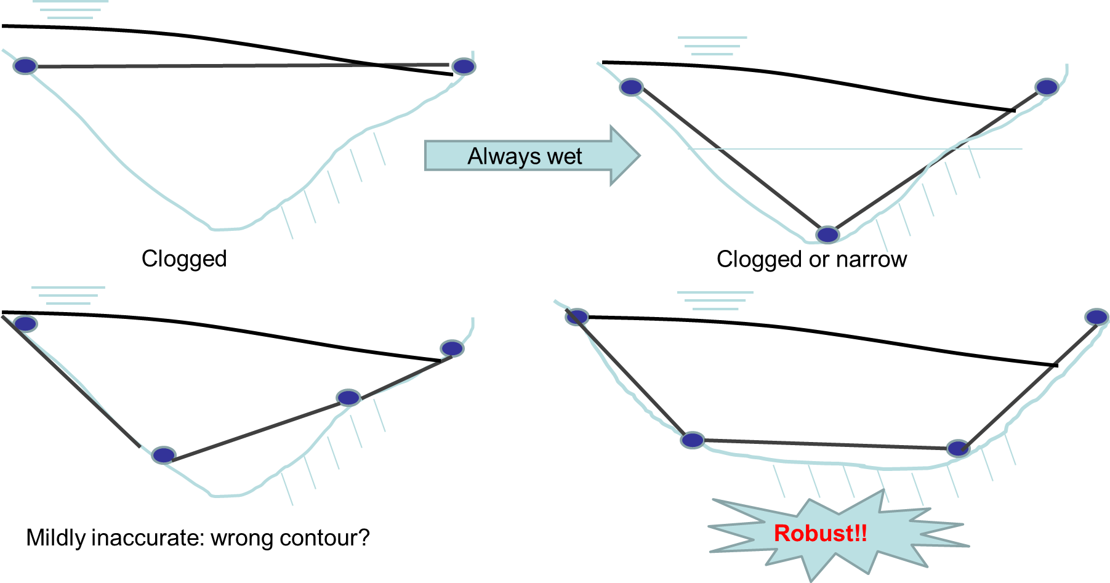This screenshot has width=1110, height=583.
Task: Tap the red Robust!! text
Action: pyautogui.click(x=820, y=533)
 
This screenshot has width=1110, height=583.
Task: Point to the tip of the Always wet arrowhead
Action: pyautogui.click(x=640, y=155)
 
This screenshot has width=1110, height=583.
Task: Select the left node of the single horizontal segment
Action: pyautogui.click(x=25, y=65)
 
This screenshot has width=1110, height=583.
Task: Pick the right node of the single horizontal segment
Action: pyautogui.click(x=464, y=66)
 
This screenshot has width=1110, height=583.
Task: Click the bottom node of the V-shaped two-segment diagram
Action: pyautogui.click(x=827, y=234)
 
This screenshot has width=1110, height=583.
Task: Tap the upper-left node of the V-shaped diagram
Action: pyautogui.click(x=632, y=87)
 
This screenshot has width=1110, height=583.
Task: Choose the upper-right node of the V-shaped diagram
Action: pyautogui.click(x=1047, y=87)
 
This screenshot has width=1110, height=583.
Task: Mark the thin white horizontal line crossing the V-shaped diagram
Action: pyautogui.click(x=856, y=149)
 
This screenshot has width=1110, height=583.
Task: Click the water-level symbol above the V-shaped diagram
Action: pyautogui.click(x=712, y=46)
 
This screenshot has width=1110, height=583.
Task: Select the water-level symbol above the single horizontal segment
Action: pyautogui.click(x=70, y=10)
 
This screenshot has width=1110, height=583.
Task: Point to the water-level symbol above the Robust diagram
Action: pyautogui.click(x=715, y=300)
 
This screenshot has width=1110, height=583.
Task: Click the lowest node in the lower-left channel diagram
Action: pyautogui.click(x=164, y=455)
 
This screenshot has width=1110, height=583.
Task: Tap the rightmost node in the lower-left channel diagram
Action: pyautogui.click(x=452, y=348)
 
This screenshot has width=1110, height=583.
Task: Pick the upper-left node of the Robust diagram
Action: pyautogui.click(x=577, y=316)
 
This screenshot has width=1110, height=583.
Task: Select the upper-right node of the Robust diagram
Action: pyautogui.click(x=1096, y=316)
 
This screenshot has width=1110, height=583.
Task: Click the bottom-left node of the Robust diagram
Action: pyautogui.click(x=692, y=440)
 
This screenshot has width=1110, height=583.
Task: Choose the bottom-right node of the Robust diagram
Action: pyautogui.click(x=957, y=448)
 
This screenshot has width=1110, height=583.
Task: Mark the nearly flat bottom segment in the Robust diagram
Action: pyautogui.click(x=825, y=444)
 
